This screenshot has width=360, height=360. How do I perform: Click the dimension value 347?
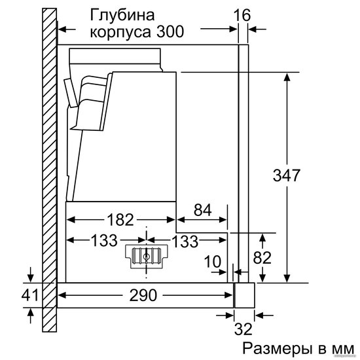286,175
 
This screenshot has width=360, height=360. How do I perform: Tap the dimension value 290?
143,295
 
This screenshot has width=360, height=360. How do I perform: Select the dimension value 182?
120,219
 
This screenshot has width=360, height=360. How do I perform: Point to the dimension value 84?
202,210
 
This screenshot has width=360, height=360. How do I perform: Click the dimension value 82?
262,258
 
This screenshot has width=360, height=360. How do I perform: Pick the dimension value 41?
30,295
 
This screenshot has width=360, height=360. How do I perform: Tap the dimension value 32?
243,329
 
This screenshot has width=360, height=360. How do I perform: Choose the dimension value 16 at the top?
242,16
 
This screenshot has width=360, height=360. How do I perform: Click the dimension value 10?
213,262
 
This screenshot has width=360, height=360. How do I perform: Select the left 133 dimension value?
104,240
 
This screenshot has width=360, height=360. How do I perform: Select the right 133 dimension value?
185,241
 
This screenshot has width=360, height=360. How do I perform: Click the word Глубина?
122,16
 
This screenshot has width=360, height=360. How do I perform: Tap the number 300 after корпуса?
170,31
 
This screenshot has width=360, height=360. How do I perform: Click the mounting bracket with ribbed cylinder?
146,257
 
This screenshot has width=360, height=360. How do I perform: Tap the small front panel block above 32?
244,295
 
